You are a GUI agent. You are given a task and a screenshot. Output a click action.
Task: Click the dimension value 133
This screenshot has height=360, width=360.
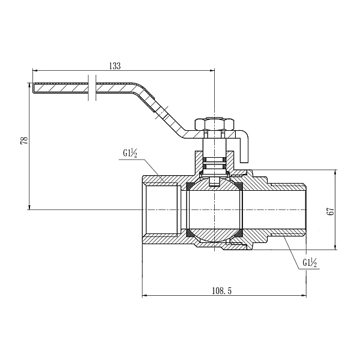116,66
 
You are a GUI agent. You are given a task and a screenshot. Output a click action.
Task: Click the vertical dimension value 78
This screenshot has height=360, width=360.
24,140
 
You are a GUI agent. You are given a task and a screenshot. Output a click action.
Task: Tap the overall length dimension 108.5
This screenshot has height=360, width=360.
221,290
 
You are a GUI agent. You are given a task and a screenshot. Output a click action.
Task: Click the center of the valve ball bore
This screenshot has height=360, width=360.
214,209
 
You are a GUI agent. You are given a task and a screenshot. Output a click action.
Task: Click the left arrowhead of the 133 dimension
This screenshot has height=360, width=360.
35,71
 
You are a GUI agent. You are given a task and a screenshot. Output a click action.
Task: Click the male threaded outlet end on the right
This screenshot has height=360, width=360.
294,209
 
